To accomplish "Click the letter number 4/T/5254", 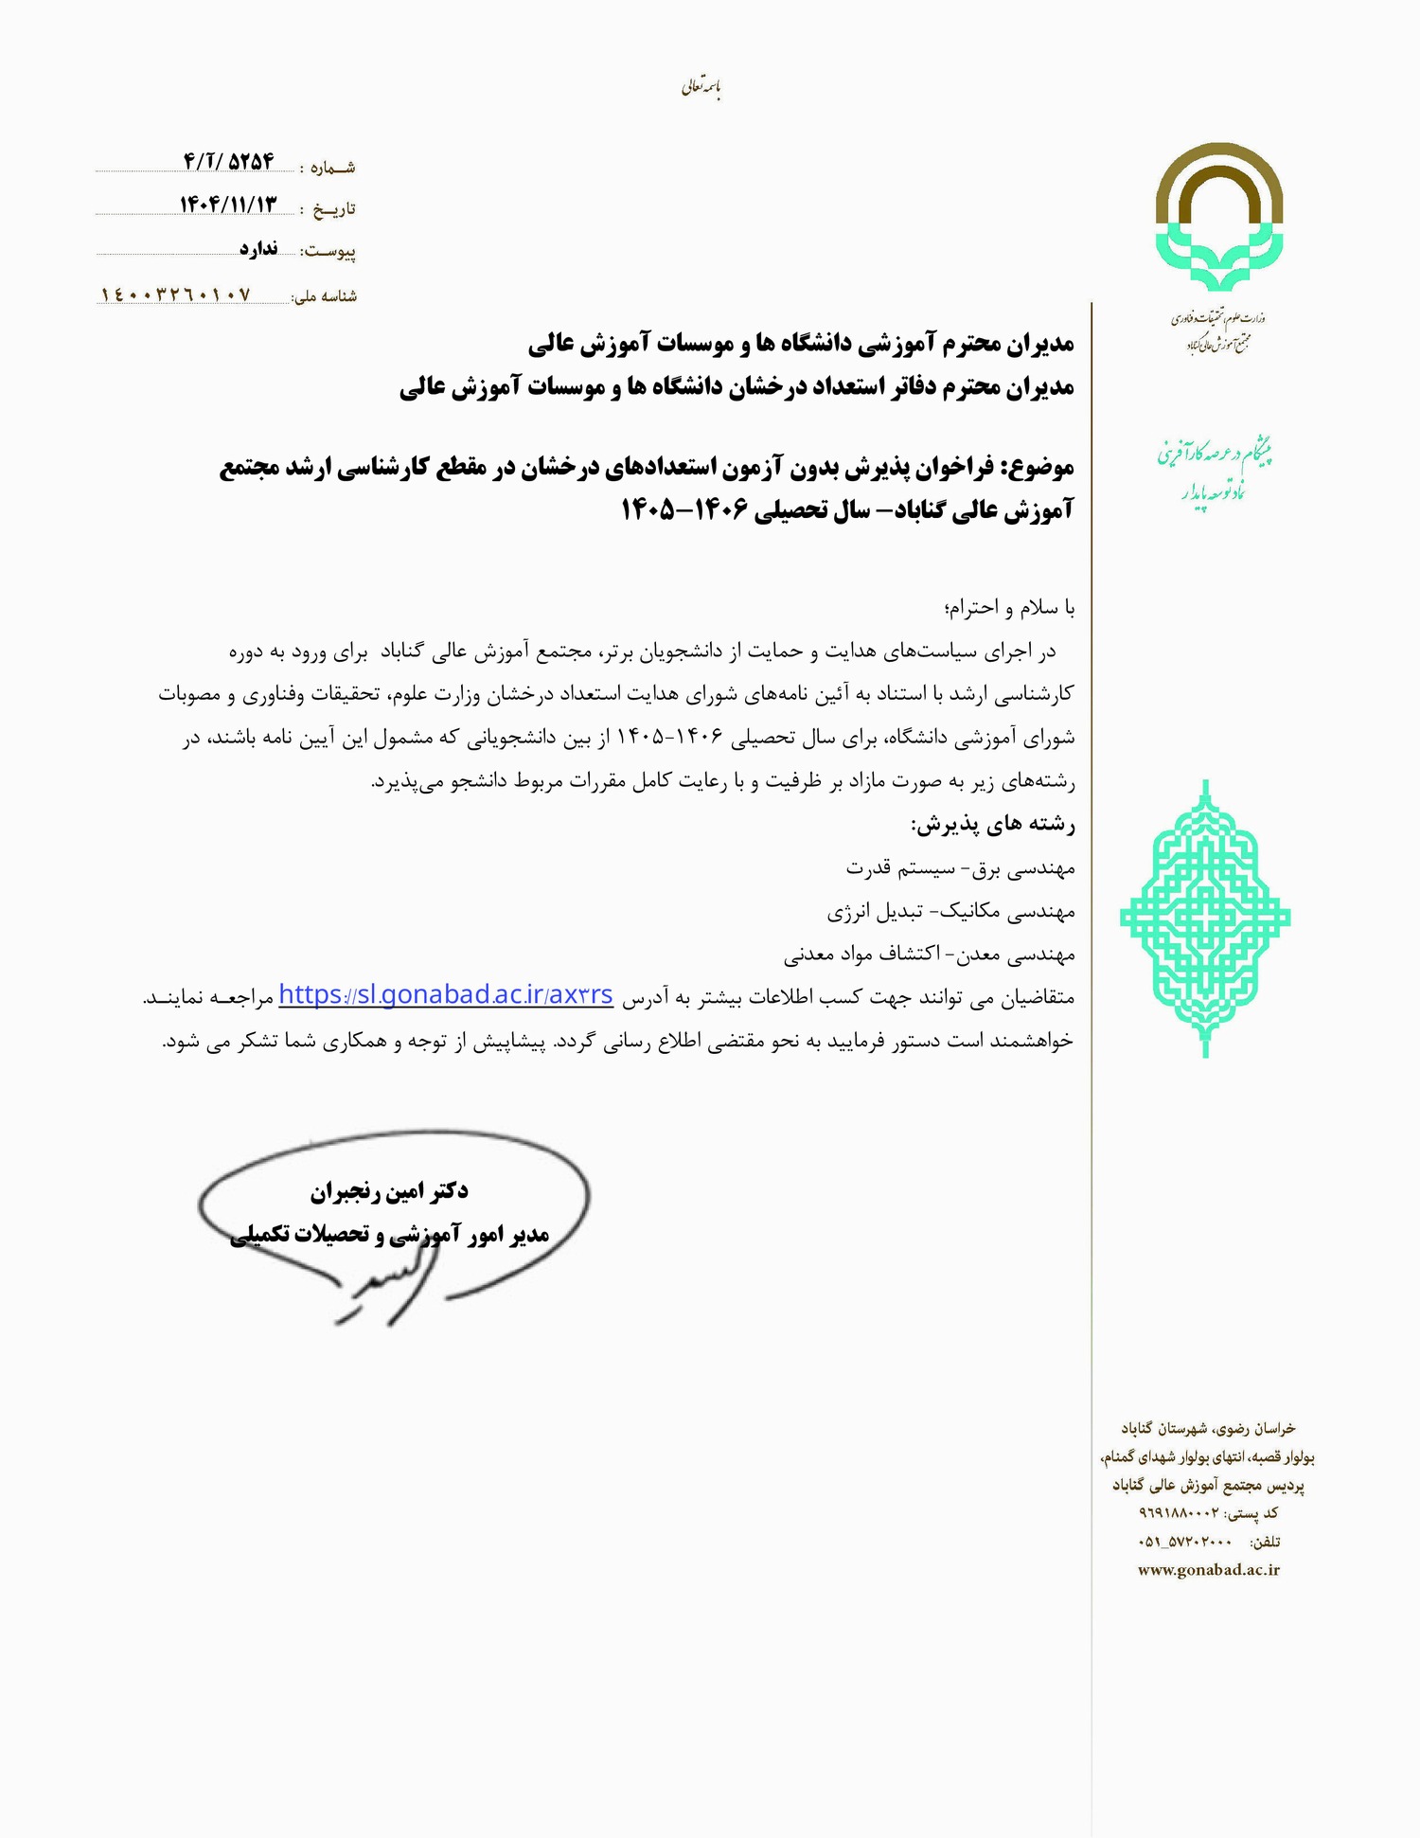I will (228, 162).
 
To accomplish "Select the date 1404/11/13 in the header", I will (228, 205).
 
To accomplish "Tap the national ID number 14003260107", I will (176, 295).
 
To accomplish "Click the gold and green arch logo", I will (1218, 217).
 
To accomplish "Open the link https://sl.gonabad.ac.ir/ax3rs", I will (446, 995).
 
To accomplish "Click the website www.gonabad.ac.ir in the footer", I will (1208, 1569).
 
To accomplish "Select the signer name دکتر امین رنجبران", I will (389, 1190).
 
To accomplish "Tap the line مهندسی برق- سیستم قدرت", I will (960, 868).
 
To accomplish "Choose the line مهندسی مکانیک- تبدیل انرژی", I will (950, 912).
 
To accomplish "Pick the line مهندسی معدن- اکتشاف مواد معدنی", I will (929, 955).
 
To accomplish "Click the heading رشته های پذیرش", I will (993, 825).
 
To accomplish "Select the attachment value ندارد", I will (258, 249).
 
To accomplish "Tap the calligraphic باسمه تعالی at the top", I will (701, 88).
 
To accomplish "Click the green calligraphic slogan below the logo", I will (1213, 470).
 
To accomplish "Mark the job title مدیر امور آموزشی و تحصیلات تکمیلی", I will (389, 1235).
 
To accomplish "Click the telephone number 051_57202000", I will (1183, 1542).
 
